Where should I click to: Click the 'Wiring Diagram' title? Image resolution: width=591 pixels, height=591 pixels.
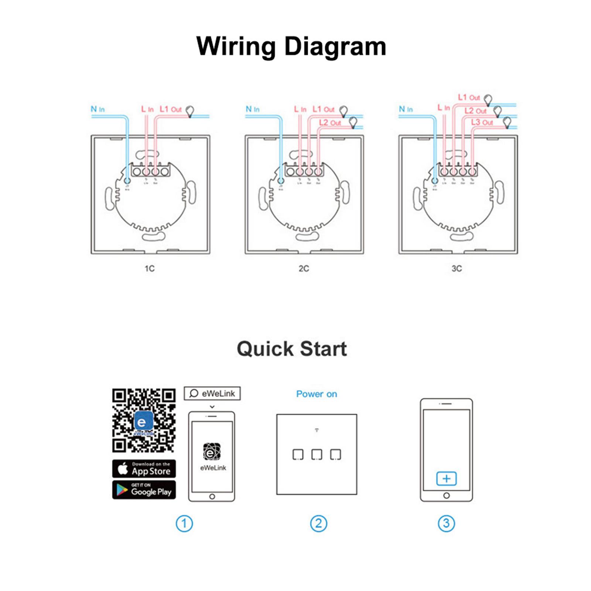(x=291, y=47)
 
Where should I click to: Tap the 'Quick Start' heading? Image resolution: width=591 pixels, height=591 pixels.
(x=292, y=349)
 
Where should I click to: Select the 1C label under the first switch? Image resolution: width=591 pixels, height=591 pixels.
(x=150, y=269)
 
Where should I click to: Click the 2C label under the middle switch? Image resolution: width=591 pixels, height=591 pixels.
(x=304, y=269)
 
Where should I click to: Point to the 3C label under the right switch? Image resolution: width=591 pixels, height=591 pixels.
(x=457, y=269)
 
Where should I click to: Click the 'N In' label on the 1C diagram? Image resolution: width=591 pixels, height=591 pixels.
(x=98, y=109)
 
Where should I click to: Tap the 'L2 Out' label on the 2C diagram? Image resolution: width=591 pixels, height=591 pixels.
(x=330, y=123)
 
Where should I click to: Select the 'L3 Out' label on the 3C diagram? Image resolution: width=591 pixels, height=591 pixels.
(x=482, y=122)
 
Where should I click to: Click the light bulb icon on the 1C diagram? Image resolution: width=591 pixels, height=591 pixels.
(x=190, y=110)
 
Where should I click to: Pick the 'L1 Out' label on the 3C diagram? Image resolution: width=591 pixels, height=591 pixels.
(x=469, y=98)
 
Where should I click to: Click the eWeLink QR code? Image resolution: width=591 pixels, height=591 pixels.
(x=144, y=420)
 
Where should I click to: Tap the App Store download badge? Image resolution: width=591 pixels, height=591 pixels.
(x=144, y=469)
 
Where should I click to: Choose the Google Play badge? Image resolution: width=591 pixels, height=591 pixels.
(x=144, y=490)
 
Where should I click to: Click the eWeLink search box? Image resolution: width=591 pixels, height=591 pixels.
(x=212, y=393)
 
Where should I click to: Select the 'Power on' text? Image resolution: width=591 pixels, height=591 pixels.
(x=317, y=394)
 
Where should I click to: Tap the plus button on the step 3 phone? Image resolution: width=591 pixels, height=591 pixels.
(x=446, y=479)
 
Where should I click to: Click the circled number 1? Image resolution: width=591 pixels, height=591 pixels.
(x=184, y=523)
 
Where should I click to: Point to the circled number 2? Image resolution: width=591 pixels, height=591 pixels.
(x=318, y=523)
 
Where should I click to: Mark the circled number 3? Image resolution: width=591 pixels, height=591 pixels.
(x=446, y=523)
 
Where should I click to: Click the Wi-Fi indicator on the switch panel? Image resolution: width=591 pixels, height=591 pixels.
(x=317, y=430)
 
